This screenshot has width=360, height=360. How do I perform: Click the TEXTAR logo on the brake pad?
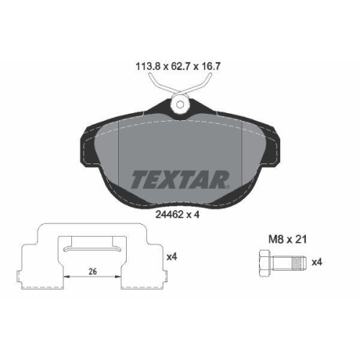179,179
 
